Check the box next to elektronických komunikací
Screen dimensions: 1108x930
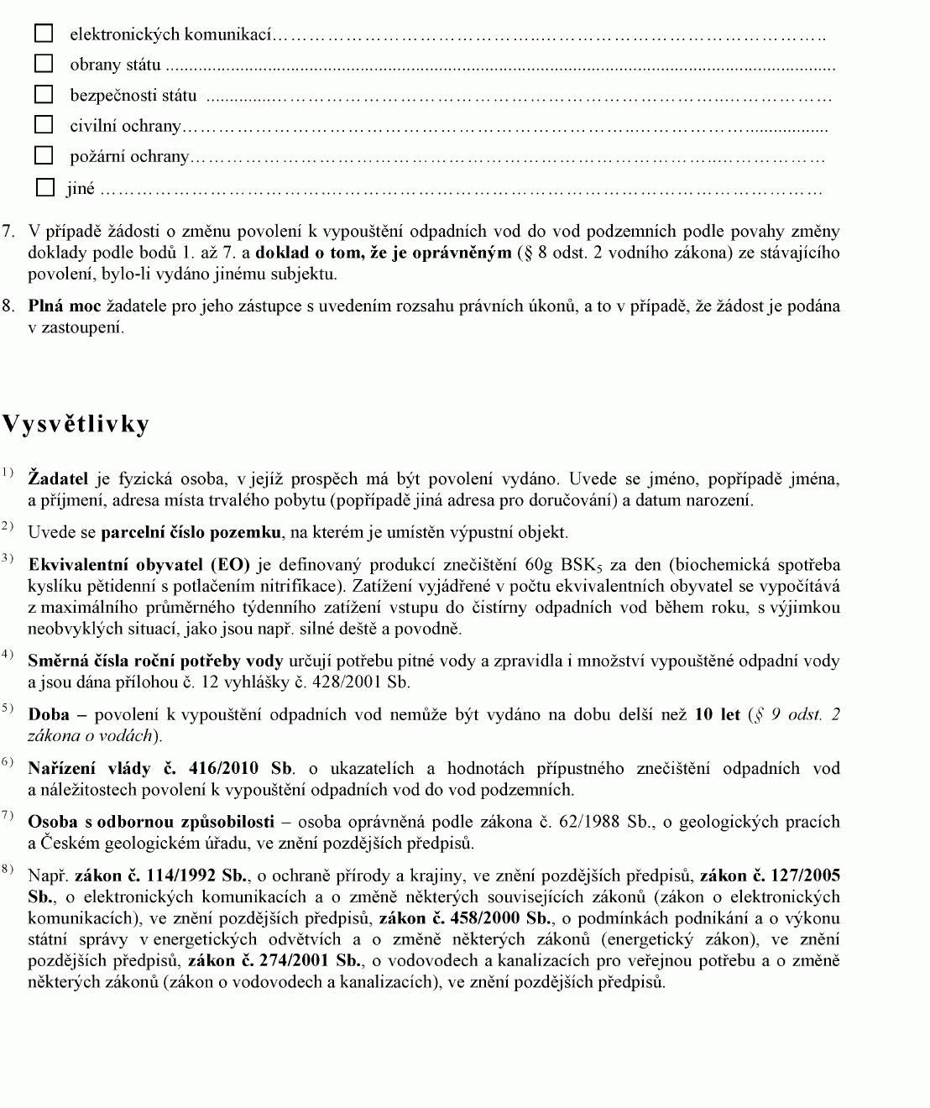[44, 34]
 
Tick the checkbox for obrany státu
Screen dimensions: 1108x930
[44, 64]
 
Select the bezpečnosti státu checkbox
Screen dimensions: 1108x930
[44, 94]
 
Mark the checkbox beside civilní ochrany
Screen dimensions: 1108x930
[44, 125]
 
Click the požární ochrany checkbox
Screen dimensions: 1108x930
[44, 156]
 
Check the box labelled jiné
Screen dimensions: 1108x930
[45, 188]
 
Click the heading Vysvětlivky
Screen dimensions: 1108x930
[76, 424]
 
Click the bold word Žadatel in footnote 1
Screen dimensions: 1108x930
[58, 479]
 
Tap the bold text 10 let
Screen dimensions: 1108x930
[718, 714]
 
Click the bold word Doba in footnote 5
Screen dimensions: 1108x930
[49, 714]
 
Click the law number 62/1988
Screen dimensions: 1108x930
[588, 822]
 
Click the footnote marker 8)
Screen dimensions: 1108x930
[8, 870]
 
